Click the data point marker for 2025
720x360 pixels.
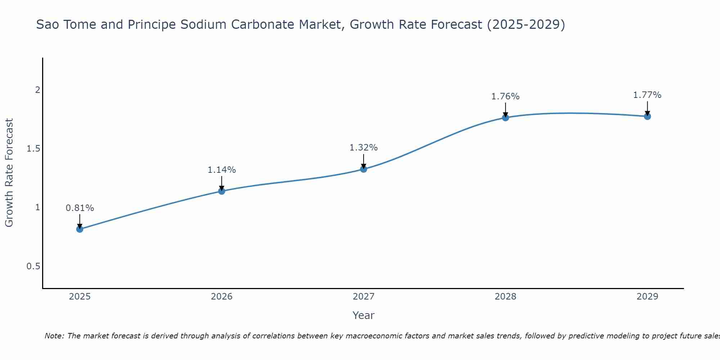(80, 229)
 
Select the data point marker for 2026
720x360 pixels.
(222, 191)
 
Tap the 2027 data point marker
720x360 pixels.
(364, 169)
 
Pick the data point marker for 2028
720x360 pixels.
(505, 117)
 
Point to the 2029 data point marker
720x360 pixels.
(647, 116)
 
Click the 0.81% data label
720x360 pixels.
(80, 208)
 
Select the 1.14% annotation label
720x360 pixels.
(222, 170)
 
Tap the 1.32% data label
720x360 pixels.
(364, 148)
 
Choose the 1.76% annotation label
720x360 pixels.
(505, 96)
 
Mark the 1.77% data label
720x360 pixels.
(647, 95)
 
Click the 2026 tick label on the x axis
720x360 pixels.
(222, 297)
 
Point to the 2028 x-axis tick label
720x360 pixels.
(505, 297)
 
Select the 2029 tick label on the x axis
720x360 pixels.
(647, 297)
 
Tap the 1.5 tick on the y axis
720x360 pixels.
(33, 149)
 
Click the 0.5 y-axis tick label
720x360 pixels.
(33, 266)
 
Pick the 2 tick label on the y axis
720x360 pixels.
(37, 90)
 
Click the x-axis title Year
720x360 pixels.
(364, 315)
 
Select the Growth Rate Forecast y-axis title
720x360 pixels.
(9, 173)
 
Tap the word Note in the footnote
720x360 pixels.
(54, 336)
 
